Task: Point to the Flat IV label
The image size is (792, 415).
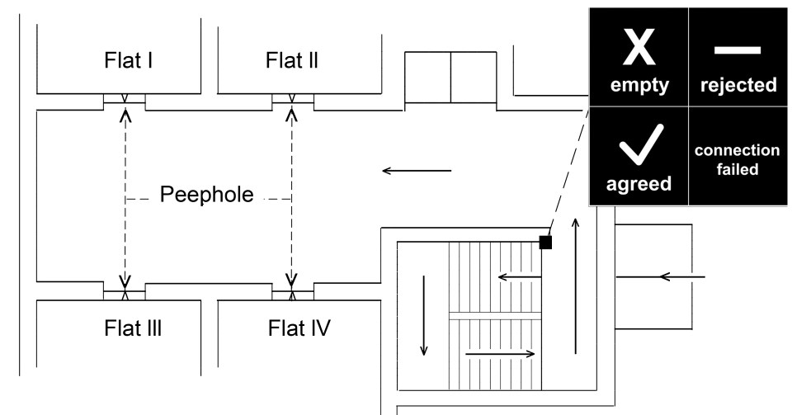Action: (299, 328)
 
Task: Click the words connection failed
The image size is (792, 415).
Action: (737, 160)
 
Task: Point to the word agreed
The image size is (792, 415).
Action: (639, 185)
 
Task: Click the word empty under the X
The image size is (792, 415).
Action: (639, 85)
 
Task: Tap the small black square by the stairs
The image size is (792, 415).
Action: (545, 242)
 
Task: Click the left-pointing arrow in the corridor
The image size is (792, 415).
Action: (417, 171)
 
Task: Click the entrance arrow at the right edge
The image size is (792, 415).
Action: (682, 276)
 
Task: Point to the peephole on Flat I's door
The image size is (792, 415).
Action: (125, 101)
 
